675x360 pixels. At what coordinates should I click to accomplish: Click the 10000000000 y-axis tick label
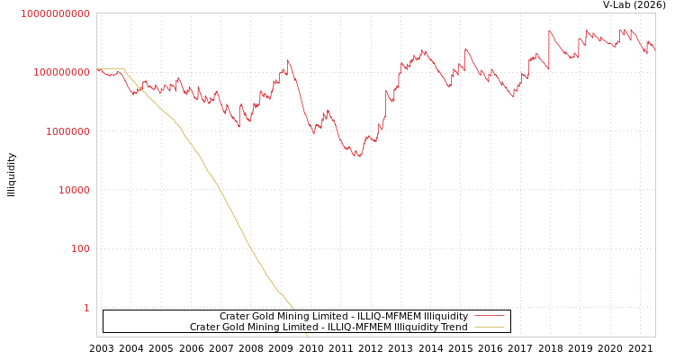pyautogui.click(x=55, y=13)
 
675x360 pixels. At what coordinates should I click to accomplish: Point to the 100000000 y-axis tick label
pyautogui.click(x=60, y=72)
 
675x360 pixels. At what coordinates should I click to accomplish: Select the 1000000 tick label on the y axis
pyautogui.click(x=66, y=131)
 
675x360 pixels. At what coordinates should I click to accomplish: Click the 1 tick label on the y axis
pyautogui.click(x=86, y=308)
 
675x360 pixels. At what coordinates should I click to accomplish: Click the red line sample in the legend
pyautogui.click(x=489, y=317)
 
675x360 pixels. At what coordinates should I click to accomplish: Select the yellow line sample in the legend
pyautogui.click(x=489, y=328)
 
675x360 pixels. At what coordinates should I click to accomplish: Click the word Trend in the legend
pyautogui.click(x=454, y=328)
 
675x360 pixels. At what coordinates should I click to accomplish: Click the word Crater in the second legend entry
pyautogui.click(x=204, y=328)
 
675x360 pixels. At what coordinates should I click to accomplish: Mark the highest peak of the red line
pyautogui.click(x=550, y=31)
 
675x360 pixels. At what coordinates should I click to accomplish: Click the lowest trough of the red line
pyautogui.click(x=357, y=157)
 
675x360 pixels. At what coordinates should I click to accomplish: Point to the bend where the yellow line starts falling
pyautogui.click(x=123, y=69)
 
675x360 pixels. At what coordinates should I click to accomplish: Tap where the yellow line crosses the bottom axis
pyautogui.click(x=308, y=337)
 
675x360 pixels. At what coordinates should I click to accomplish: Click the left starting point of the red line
pyautogui.click(x=97, y=69)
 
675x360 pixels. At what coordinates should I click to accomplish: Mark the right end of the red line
pyautogui.click(x=654, y=49)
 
